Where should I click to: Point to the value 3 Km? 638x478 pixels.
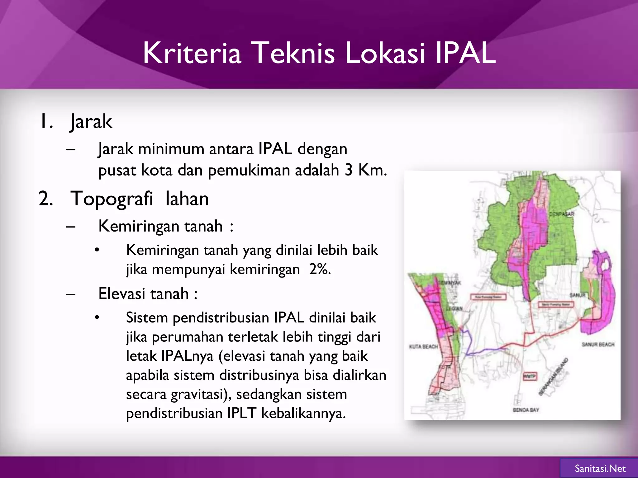(365, 170)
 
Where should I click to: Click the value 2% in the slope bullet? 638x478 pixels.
(320, 269)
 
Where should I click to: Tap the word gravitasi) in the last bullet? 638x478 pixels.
(201, 394)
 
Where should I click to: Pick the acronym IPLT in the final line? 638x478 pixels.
(242, 414)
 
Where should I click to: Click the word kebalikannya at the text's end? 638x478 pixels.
(303, 414)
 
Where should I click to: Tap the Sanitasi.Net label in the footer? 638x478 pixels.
(600, 468)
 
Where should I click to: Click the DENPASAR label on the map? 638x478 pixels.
(561, 214)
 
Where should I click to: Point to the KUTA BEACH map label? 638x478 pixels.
(423, 347)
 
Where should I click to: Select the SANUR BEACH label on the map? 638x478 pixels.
(598, 344)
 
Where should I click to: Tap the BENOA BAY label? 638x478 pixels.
(526, 410)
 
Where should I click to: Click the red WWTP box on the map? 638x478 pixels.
(529, 377)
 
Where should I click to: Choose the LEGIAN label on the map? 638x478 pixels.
(455, 308)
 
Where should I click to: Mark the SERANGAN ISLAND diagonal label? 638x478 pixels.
(553, 376)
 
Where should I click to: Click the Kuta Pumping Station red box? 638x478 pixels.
(488, 297)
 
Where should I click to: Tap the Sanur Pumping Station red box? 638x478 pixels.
(556, 304)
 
